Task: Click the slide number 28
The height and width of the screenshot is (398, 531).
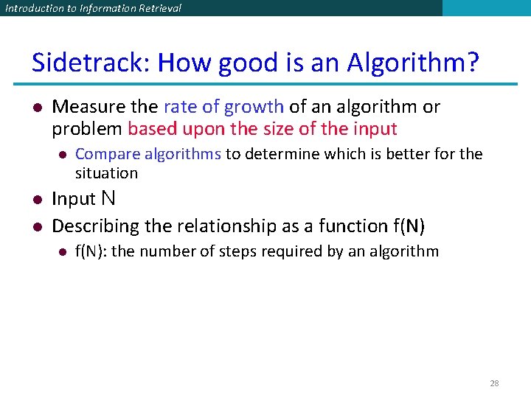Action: click(x=494, y=383)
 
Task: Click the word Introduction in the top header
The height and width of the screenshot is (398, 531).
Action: click(x=32, y=8)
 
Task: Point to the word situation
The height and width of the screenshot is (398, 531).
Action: click(x=106, y=173)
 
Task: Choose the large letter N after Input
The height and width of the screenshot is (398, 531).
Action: click(x=108, y=198)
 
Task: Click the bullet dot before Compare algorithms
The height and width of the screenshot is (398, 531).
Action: click(x=62, y=155)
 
